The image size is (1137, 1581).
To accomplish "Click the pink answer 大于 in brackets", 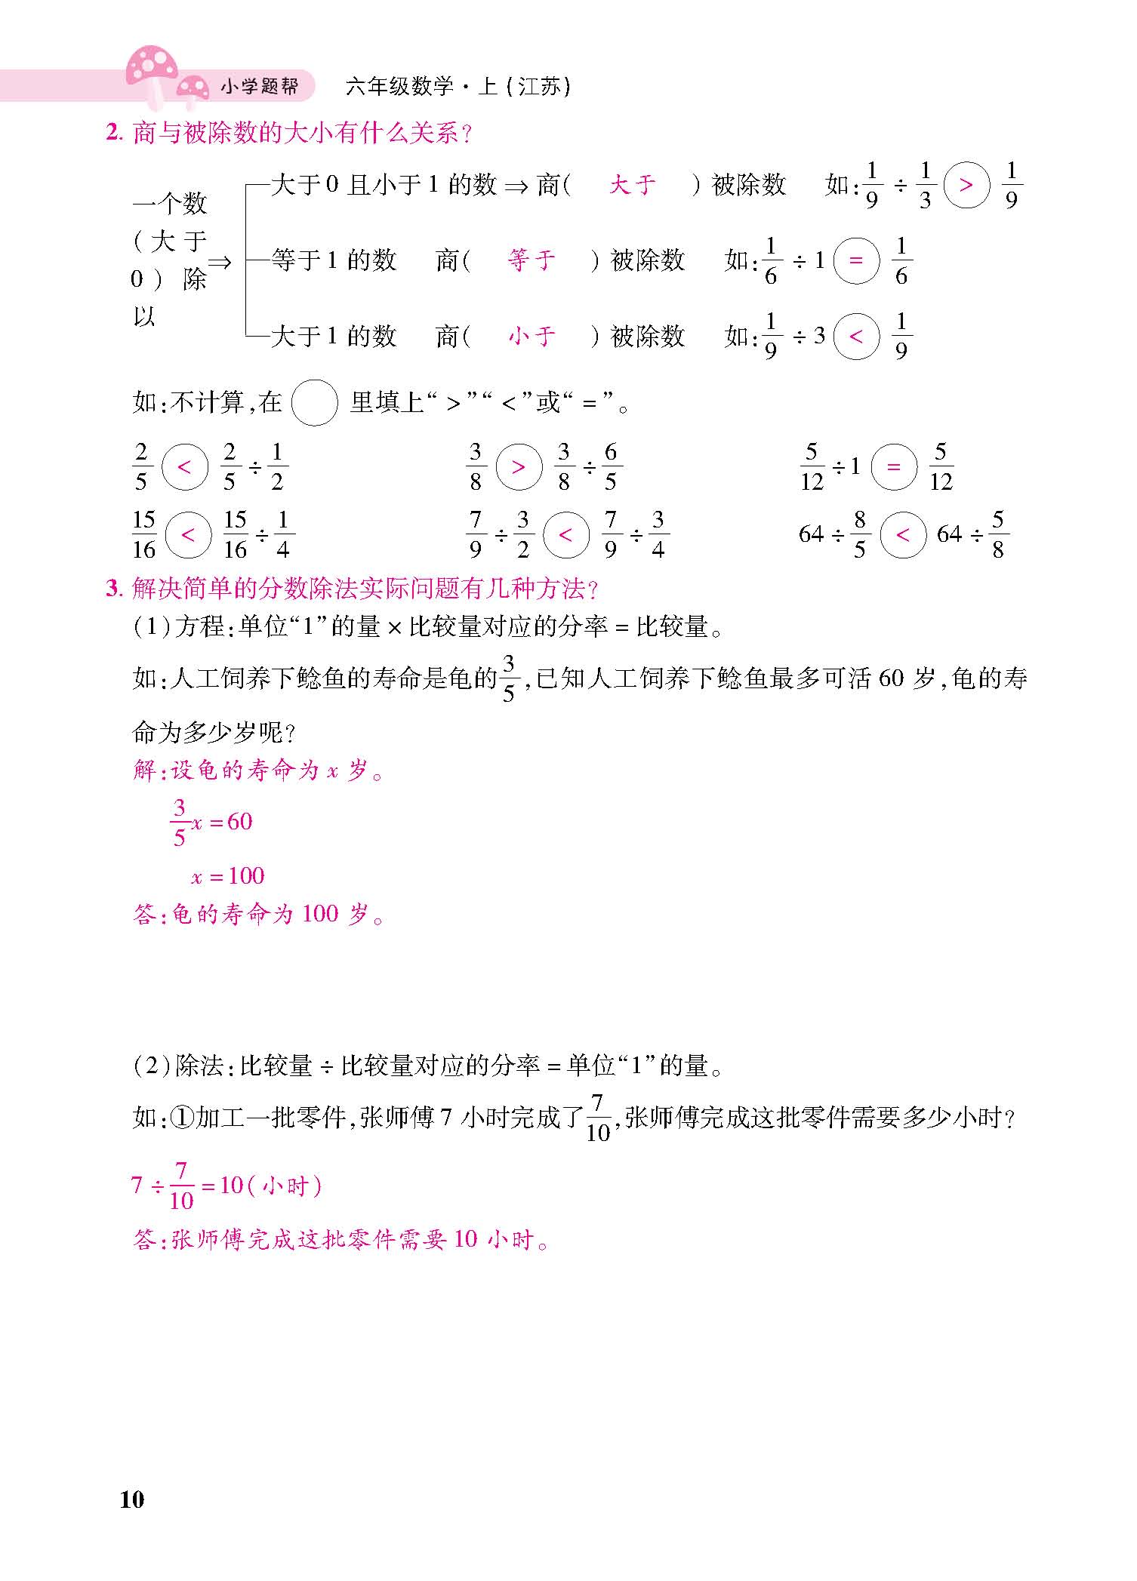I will click(x=632, y=185).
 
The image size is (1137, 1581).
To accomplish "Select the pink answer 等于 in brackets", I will click(x=532, y=260).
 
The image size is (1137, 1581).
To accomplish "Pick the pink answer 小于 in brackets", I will click(x=532, y=336).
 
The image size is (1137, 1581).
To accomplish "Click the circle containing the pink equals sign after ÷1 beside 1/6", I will click(x=856, y=261).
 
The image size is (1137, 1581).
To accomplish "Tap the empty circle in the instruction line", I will click(x=314, y=403).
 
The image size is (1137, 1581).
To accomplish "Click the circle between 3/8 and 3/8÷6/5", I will click(x=519, y=467).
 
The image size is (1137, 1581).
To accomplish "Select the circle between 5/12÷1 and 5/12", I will click(x=894, y=467).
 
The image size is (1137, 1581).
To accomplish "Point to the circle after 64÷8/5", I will click(x=903, y=535).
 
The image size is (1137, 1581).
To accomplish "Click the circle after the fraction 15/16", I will click(x=188, y=535).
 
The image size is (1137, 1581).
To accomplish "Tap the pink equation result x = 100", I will click(x=227, y=876).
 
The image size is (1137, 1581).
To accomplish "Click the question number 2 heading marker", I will click(x=113, y=134).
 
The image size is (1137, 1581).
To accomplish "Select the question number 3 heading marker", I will click(x=113, y=589).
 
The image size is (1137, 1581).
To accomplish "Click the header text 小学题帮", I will click(x=259, y=88).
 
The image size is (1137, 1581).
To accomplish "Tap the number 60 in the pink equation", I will click(x=239, y=821).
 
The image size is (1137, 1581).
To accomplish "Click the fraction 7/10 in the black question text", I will click(x=598, y=1118).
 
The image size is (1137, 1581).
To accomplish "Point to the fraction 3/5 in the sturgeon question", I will click(x=508, y=678).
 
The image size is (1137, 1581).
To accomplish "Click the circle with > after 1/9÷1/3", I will click(x=966, y=185).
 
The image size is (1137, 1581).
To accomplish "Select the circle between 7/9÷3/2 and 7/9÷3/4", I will click(x=565, y=535).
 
